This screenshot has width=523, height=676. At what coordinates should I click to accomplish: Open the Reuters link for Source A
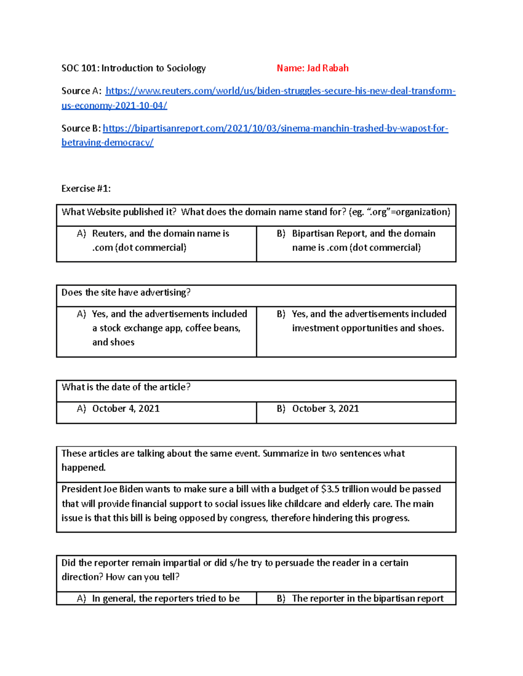pos(280,91)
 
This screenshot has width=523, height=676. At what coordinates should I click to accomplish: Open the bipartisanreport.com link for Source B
pos(275,128)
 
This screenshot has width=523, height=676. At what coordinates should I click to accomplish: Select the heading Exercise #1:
pos(86,188)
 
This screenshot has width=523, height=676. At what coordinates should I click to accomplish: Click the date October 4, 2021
pos(126,409)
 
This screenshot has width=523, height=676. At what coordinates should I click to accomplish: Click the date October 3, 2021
pos(325,409)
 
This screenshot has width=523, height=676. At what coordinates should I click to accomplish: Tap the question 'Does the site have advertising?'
pos(126,293)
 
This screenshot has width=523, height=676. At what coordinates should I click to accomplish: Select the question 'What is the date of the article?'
pos(126,387)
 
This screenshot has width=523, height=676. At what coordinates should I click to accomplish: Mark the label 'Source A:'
pos(82,91)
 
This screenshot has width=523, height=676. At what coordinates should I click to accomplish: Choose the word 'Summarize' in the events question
pos(285,454)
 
